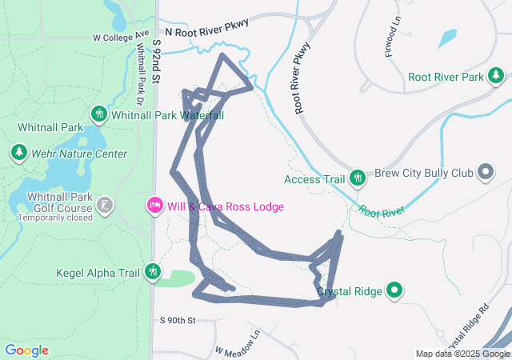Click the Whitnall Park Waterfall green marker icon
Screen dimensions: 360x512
[x=99, y=114]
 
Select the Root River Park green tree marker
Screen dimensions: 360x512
[x=497, y=77]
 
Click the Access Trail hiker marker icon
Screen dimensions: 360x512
[x=358, y=178]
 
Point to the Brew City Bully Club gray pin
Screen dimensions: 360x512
[x=485, y=172]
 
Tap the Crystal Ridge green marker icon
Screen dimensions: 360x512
[x=394, y=290]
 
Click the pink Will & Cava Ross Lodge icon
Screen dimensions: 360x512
[x=155, y=206]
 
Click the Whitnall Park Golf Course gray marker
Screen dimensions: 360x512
[x=104, y=206]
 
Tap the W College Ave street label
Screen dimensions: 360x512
[x=121, y=37]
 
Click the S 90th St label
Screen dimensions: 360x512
[x=178, y=320]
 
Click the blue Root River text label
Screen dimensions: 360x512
[x=382, y=210]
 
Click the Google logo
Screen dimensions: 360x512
[x=26, y=350]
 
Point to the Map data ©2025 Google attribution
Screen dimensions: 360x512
[x=462, y=354]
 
